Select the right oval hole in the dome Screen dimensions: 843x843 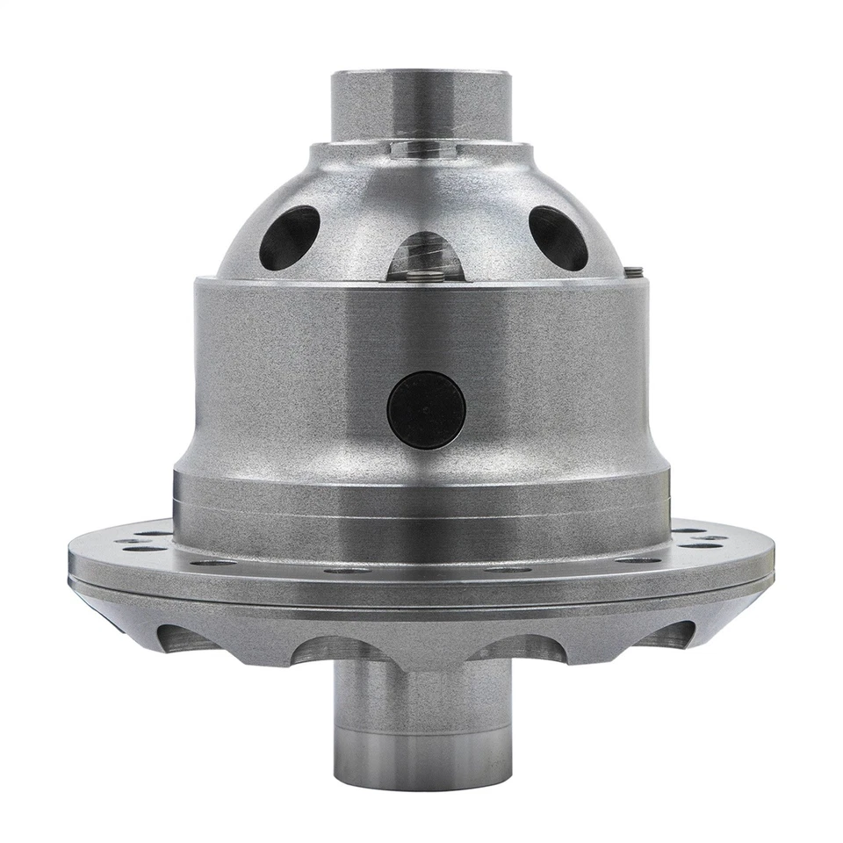click(x=558, y=237)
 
